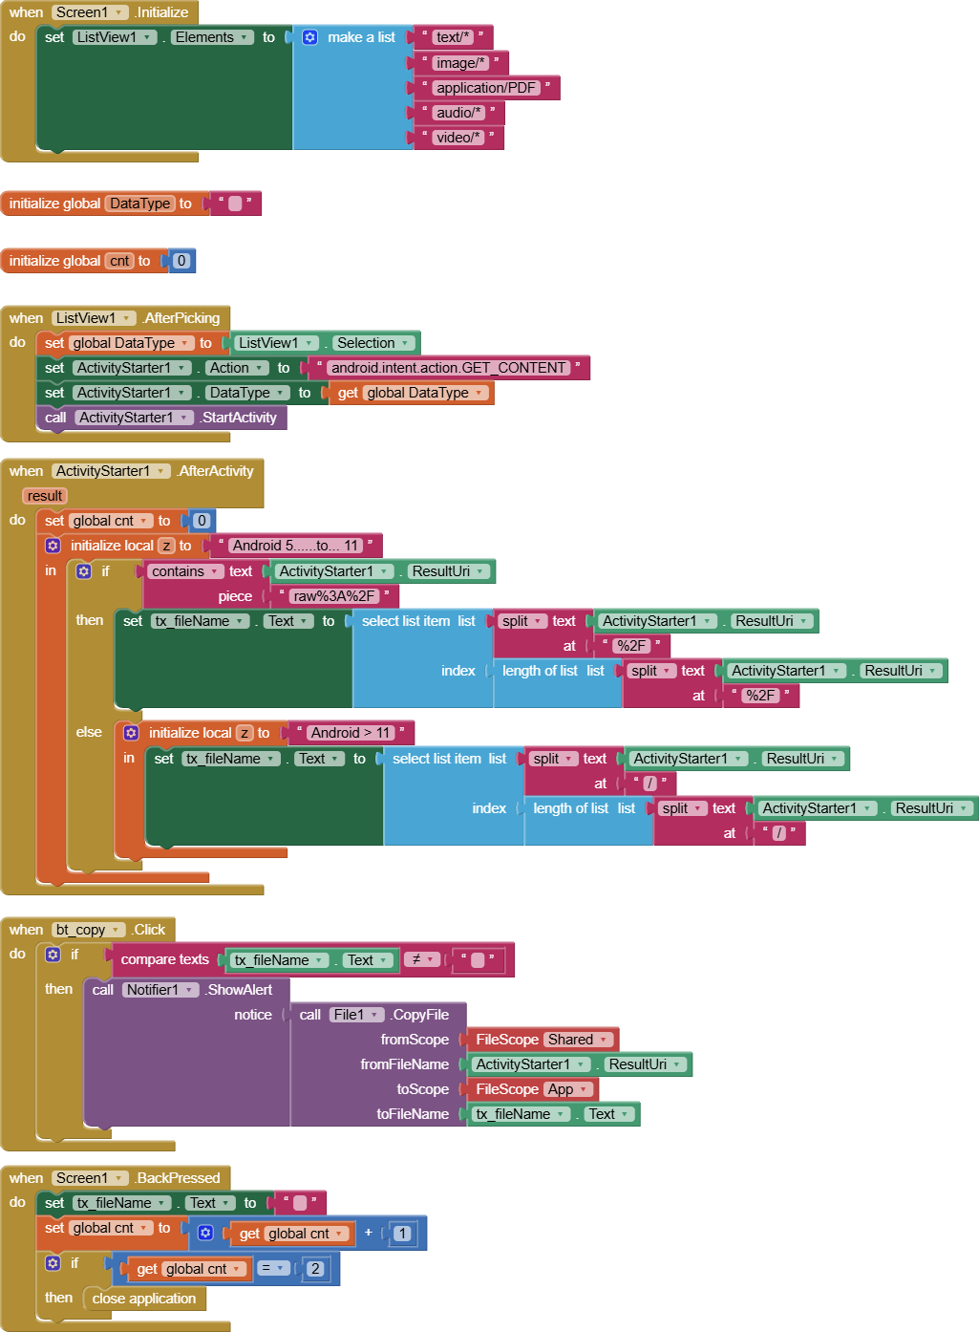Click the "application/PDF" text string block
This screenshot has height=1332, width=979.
click(486, 88)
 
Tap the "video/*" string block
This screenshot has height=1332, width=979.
click(458, 138)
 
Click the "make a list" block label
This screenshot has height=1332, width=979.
click(360, 37)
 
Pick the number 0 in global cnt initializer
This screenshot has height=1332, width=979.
click(181, 261)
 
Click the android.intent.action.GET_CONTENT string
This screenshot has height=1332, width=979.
click(448, 368)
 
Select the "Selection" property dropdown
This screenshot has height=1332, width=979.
click(372, 343)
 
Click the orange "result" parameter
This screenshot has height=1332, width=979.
click(45, 496)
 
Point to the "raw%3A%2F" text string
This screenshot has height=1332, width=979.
click(333, 596)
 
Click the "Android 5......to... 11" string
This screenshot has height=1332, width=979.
click(295, 546)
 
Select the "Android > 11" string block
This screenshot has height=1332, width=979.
click(351, 733)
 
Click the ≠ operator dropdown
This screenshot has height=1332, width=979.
click(421, 959)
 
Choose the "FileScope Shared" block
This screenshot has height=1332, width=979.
click(540, 1040)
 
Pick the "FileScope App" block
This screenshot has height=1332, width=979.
click(530, 1089)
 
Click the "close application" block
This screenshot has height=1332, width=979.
click(144, 1299)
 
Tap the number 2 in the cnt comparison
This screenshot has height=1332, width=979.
click(315, 1269)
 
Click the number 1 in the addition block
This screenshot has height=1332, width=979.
click(402, 1234)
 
